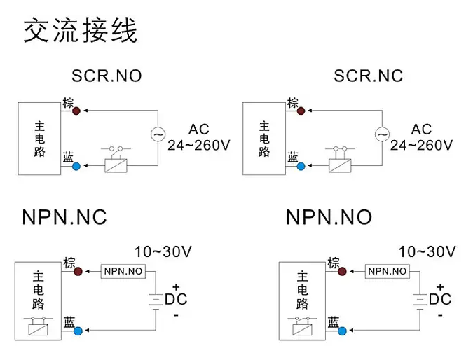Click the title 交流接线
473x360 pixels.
(x=81, y=32)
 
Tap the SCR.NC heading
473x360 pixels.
(x=369, y=76)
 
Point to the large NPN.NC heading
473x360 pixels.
(x=64, y=216)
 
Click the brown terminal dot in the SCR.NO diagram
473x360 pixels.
(x=77, y=110)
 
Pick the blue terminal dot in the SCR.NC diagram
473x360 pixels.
(x=301, y=166)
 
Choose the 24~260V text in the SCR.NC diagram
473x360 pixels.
(x=421, y=145)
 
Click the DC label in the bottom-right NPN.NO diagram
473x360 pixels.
(x=440, y=300)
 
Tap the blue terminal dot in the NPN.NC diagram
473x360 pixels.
(x=77, y=330)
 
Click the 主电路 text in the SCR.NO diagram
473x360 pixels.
(x=39, y=139)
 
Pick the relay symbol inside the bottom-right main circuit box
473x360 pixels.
(x=302, y=326)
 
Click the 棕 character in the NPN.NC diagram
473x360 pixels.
(x=69, y=263)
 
